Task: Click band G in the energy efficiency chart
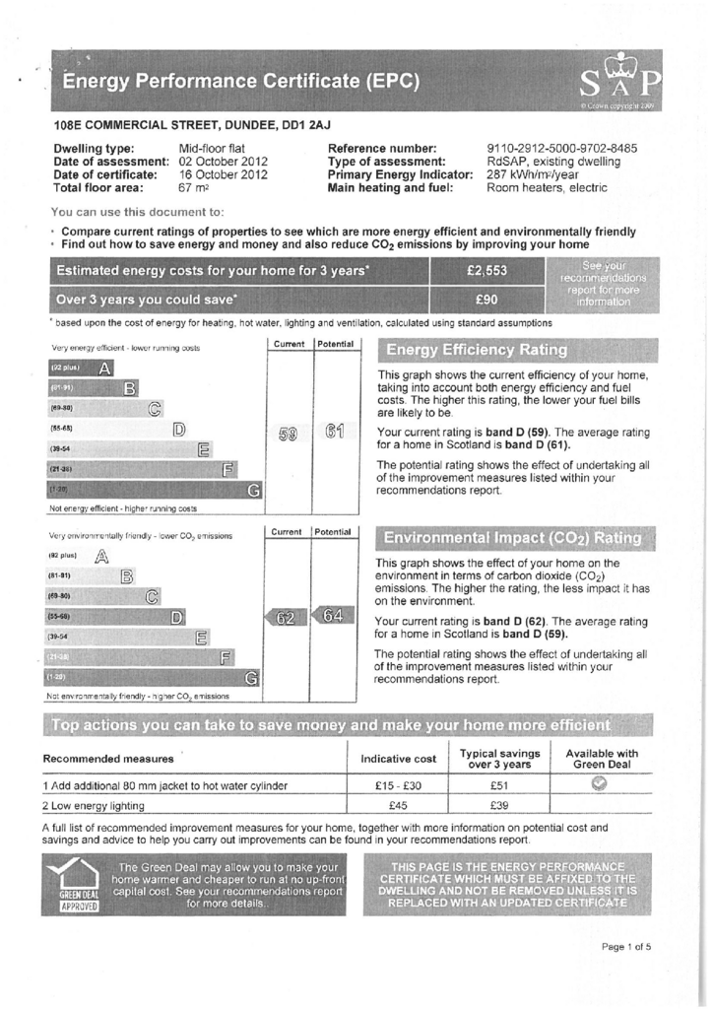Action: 254,489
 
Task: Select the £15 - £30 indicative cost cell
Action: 398,785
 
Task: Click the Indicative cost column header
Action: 398,759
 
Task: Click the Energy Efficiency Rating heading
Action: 477,350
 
